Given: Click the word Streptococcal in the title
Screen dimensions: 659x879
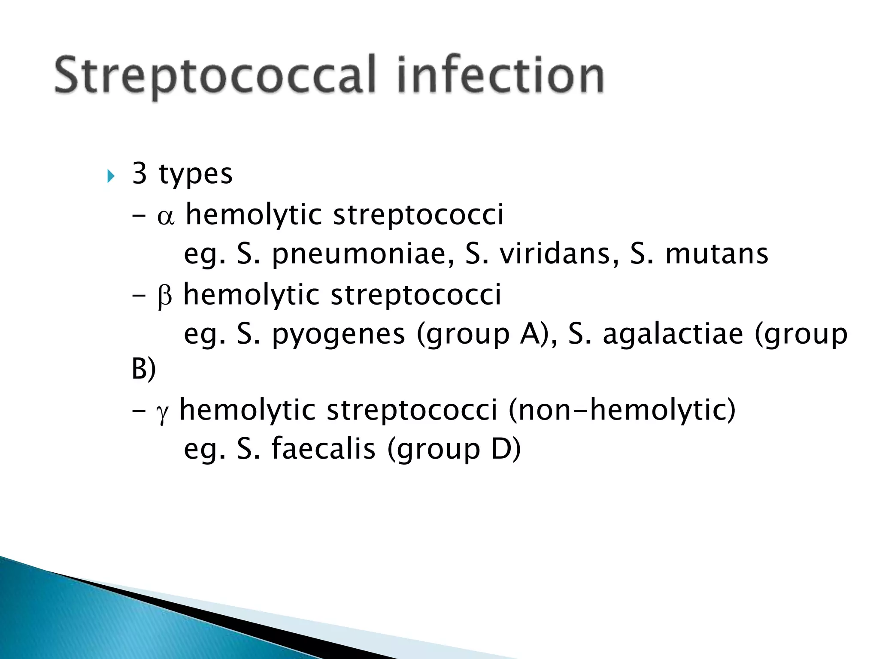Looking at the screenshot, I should [x=215, y=75].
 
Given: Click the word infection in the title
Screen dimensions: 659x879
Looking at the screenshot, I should [x=500, y=75].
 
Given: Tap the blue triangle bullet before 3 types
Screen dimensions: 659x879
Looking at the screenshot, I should [x=111, y=175].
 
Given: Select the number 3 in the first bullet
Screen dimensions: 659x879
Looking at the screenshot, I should [x=139, y=173].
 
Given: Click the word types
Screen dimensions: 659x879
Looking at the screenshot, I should [x=196, y=175].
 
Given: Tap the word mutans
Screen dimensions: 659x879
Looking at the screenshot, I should [x=716, y=254].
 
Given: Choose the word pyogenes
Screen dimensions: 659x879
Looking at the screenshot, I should [x=339, y=335].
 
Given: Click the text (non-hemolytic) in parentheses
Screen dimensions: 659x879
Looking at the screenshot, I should [x=622, y=410].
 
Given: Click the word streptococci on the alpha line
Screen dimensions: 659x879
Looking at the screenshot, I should [x=418, y=215].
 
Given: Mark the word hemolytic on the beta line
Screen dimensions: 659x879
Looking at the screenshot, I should [x=252, y=295].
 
